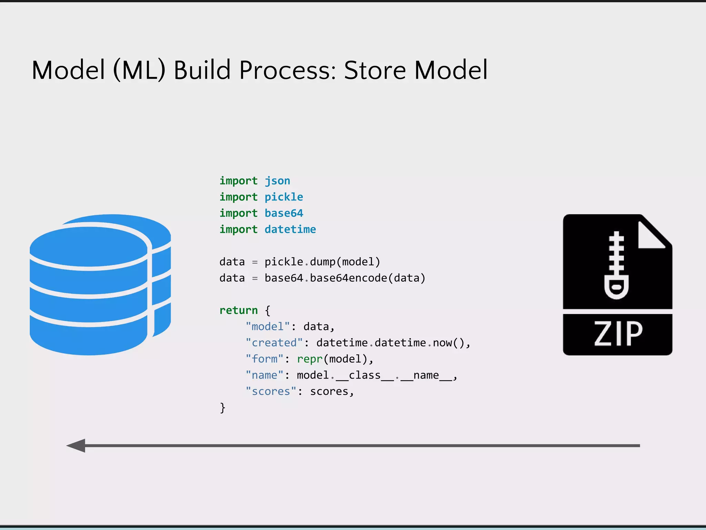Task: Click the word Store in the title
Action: (375, 70)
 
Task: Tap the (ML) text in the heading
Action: (139, 70)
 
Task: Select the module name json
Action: (277, 181)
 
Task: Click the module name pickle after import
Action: (284, 197)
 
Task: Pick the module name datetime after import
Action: (290, 229)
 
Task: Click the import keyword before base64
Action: (238, 213)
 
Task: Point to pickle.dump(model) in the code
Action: (322, 262)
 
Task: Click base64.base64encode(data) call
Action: (345, 278)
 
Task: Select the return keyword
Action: (238, 311)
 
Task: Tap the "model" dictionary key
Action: (268, 327)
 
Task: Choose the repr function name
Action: (310, 359)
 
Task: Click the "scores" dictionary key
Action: (271, 392)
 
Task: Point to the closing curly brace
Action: (223, 408)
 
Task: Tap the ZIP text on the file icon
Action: (618, 334)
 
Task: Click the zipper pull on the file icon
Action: (616, 286)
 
